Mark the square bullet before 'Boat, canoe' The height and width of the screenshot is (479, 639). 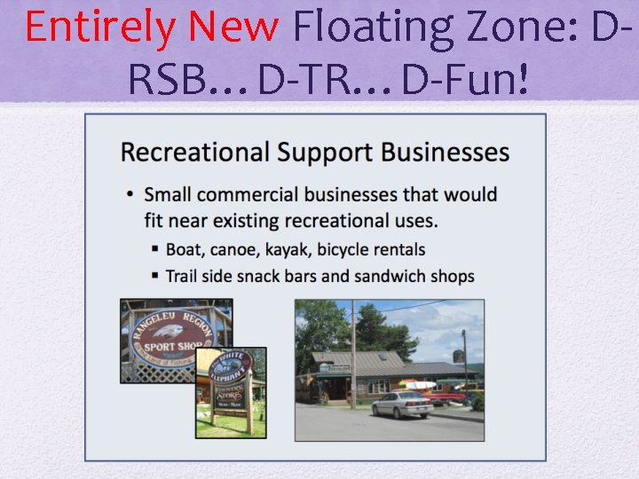(155, 250)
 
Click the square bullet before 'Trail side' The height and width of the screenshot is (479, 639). (155, 276)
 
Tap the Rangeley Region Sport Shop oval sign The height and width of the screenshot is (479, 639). (175, 337)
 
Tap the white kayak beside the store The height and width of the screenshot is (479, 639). (418, 385)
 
